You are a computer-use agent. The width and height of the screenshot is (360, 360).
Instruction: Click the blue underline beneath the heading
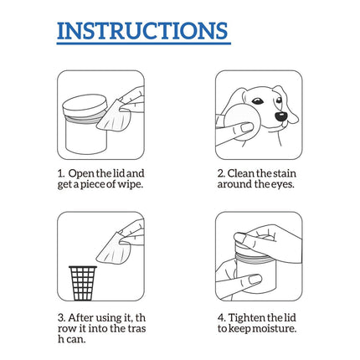pyautogui.click(x=142, y=44)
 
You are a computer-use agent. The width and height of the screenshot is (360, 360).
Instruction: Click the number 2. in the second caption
pyautogui.click(x=221, y=172)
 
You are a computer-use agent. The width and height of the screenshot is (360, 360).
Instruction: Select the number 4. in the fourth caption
pyautogui.click(x=221, y=317)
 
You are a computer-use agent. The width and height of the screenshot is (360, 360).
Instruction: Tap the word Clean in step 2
pyautogui.click(x=244, y=172)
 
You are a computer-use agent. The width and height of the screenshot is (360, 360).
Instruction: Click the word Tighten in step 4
pyautogui.click(x=250, y=317)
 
